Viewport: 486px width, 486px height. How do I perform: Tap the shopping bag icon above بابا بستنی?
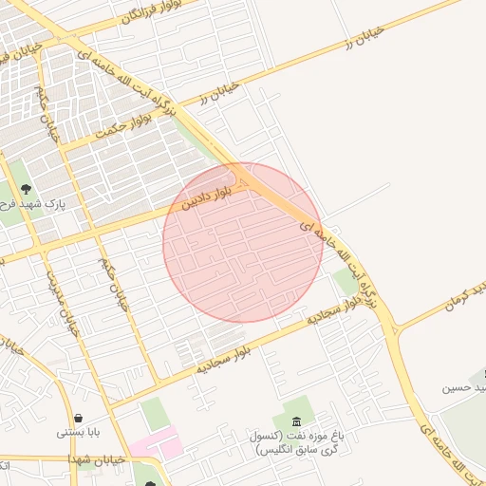point(78,418)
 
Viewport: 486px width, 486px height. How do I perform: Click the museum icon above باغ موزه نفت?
point(297,421)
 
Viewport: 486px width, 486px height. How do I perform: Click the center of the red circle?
point(243,242)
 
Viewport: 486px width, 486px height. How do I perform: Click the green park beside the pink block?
point(152,414)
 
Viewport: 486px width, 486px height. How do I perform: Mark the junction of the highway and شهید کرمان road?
point(396,329)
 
